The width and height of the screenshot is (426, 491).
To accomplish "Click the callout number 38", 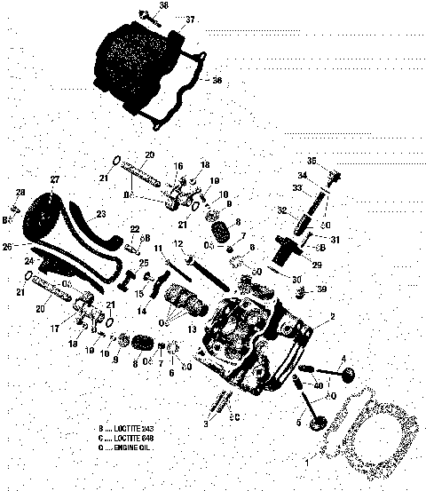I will pos(163,5).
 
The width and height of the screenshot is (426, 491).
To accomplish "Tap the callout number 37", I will pos(190,19).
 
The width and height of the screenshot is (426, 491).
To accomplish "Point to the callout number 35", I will pos(312,161).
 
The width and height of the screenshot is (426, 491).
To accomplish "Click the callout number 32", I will pos(281,210).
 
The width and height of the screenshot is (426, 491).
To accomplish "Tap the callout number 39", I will pos(320,289).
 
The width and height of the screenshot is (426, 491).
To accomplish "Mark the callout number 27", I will pos(55,179).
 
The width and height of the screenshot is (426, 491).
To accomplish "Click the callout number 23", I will pos(100,213).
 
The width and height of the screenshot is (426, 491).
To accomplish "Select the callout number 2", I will pos(332,316).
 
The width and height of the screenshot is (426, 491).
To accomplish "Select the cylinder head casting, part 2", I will pos(244,346).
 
